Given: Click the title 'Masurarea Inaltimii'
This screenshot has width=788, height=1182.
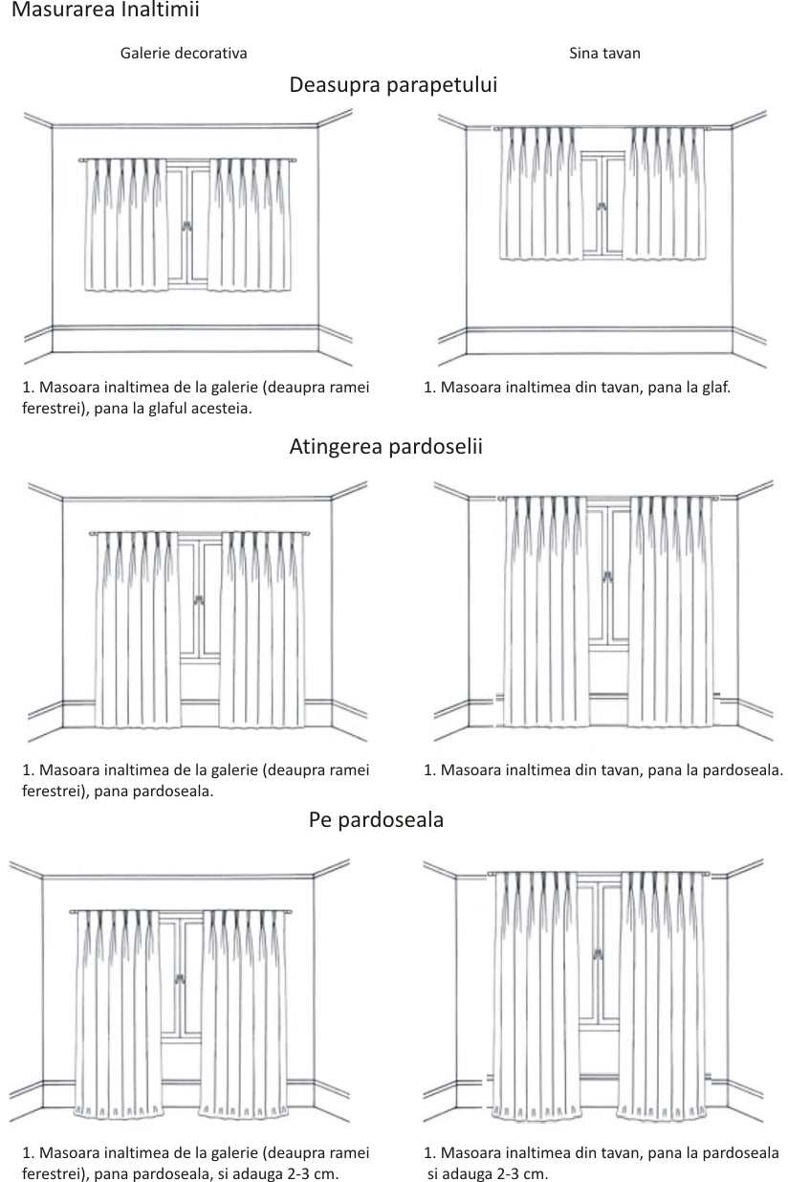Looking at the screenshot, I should tap(105, 11).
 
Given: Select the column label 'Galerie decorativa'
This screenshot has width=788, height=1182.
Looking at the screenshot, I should tap(184, 54).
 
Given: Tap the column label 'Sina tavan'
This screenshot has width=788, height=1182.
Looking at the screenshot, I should tap(604, 54).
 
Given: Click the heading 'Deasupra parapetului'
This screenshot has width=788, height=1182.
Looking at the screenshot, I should tap(393, 85).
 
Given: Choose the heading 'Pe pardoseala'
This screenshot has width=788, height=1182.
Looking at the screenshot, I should tap(376, 820).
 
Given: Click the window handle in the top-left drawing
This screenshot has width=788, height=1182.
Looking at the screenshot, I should tap(188, 227).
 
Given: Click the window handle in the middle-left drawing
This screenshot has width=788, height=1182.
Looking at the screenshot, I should tap(200, 601).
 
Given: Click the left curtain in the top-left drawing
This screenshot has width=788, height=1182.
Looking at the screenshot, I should tap(126, 225).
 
